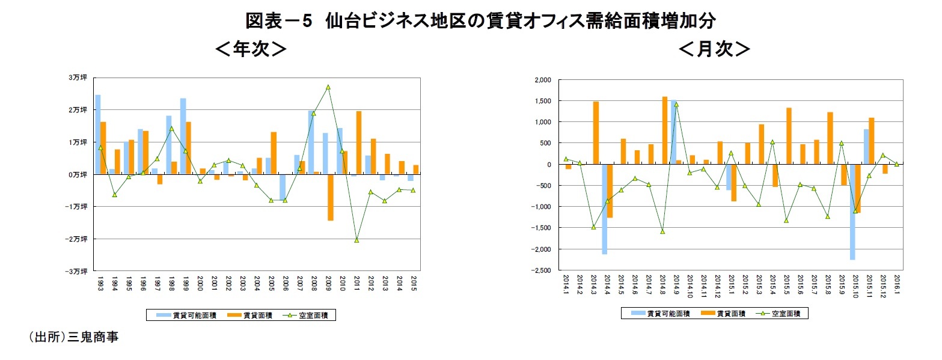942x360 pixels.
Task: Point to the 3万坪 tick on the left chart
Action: click(78, 78)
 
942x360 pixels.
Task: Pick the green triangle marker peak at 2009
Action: click(328, 87)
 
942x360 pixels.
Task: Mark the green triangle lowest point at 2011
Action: click(356, 240)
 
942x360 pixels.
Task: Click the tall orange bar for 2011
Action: click(359, 142)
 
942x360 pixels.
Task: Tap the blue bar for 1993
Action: click(98, 134)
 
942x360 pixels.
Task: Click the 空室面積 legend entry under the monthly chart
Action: click(783, 313)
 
